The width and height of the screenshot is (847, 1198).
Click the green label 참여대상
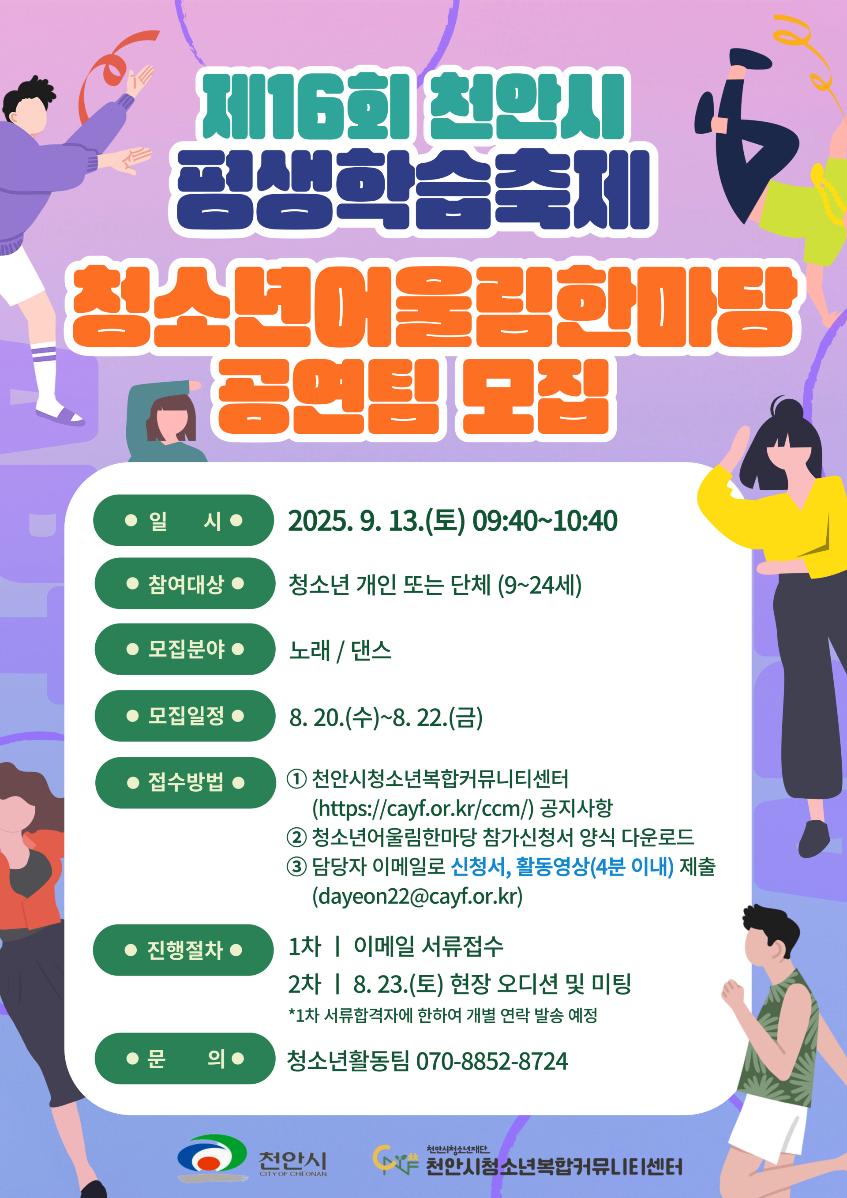pyautogui.click(x=185, y=583)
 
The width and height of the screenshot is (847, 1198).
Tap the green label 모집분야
pyautogui.click(x=185, y=649)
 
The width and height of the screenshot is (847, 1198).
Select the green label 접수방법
pyautogui.click(x=185, y=783)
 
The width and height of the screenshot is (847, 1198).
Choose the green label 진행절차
pyautogui.click(x=183, y=950)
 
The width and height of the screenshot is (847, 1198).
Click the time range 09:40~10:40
pyautogui.click(x=544, y=521)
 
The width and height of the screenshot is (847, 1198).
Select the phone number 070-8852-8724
pyautogui.click(x=492, y=1061)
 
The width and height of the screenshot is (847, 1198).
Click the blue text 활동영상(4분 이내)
pyautogui.click(x=595, y=867)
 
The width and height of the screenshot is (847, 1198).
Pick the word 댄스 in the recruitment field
pyautogui.click(x=371, y=650)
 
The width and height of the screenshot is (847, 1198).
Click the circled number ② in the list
pyautogui.click(x=296, y=837)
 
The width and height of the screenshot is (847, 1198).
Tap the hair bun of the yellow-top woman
pyautogui.click(x=787, y=409)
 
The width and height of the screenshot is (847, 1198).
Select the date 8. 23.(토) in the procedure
pyautogui.click(x=398, y=984)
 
